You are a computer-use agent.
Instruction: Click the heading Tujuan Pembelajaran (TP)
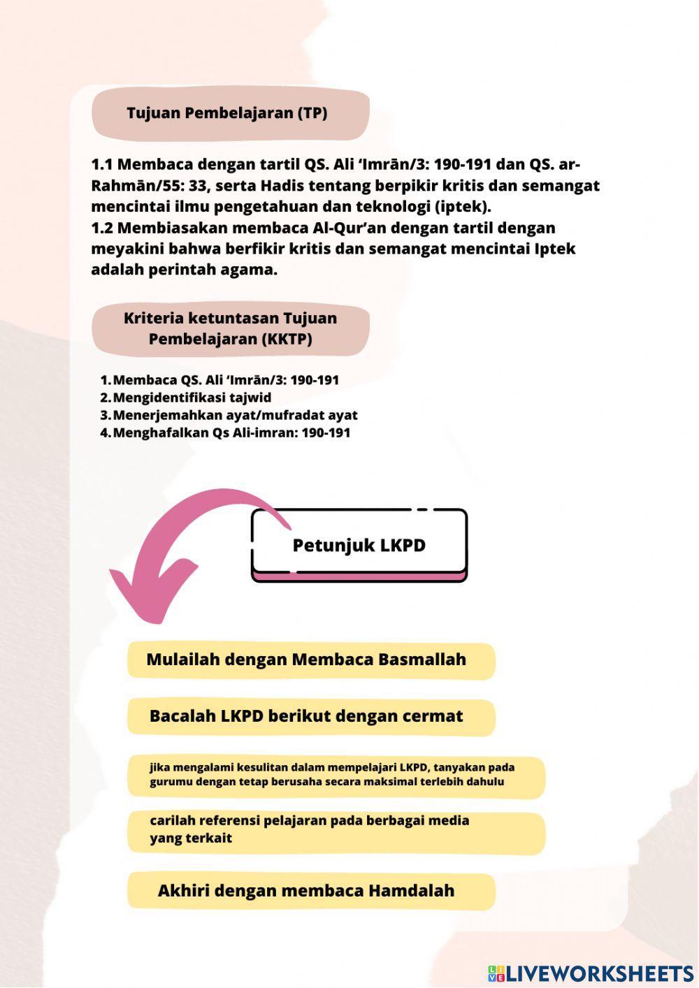[x=227, y=113]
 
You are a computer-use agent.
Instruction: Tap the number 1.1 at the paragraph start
[x=102, y=165]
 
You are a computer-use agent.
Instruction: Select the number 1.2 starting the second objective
[x=103, y=228]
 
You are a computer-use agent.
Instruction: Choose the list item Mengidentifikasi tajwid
[x=192, y=398]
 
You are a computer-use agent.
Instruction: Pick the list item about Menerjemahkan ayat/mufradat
[x=235, y=415]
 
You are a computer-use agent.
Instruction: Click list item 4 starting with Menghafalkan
[x=231, y=433]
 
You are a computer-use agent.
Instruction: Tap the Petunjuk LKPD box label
[x=359, y=545]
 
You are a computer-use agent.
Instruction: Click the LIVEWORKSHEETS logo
[x=591, y=973]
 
